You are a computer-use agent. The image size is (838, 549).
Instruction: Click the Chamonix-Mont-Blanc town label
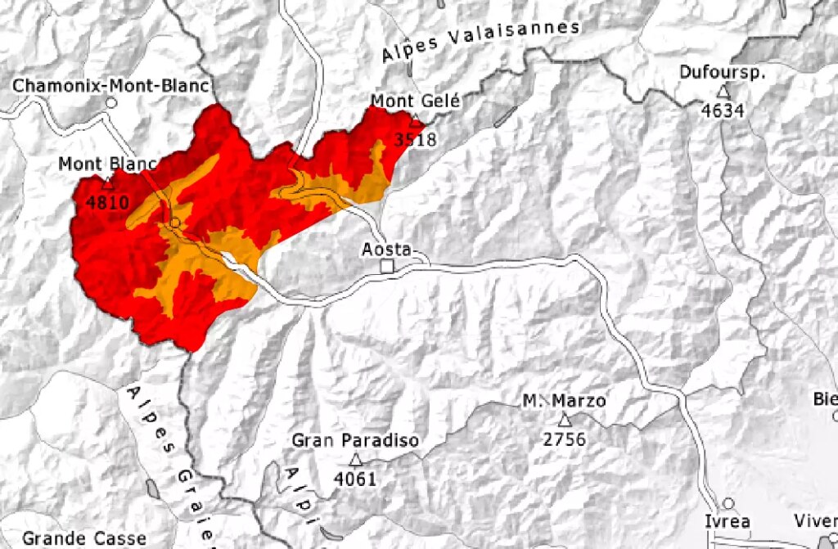point(111,85)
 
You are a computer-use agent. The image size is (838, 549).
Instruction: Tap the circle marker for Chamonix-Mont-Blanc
point(111,104)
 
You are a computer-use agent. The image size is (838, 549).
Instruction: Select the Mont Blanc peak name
point(107,164)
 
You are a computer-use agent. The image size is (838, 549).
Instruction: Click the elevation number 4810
point(106,201)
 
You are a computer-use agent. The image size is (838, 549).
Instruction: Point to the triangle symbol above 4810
point(108,184)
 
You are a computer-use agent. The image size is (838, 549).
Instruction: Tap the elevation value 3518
point(415,140)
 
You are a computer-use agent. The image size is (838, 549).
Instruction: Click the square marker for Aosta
point(388,267)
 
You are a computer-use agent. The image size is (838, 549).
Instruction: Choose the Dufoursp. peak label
point(722,72)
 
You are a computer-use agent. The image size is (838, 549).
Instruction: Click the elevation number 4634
point(723,110)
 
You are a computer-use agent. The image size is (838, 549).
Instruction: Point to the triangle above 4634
point(723,92)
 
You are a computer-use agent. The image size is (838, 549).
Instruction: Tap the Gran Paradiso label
point(355,441)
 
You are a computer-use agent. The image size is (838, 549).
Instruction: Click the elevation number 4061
point(355,479)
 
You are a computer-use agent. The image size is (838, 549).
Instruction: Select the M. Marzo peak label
point(565,401)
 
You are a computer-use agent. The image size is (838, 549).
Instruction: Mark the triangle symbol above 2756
point(565,421)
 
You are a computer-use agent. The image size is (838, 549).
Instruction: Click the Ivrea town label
point(727,522)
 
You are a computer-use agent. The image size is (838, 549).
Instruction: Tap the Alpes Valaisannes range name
point(480,41)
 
